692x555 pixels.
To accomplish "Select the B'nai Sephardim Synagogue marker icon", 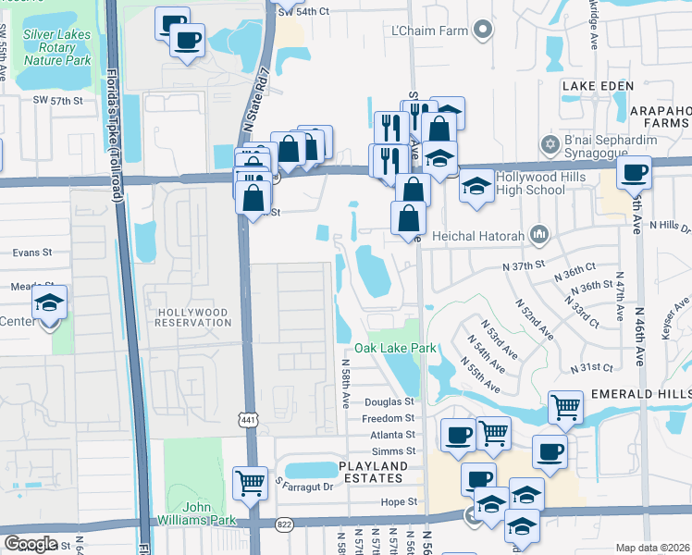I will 548,146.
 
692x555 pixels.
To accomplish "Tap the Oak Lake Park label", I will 395,349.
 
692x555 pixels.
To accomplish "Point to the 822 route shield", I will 285,524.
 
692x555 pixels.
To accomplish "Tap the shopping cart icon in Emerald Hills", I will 565,406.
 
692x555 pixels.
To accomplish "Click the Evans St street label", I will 32,252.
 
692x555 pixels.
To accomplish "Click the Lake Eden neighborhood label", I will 598,86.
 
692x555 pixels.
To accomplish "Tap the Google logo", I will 31,544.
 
